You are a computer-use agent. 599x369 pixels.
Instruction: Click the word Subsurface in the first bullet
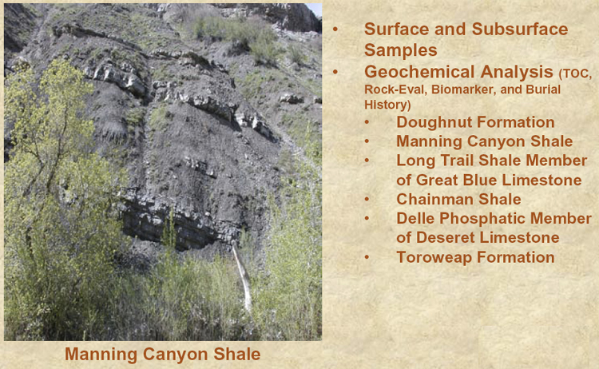[x=520, y=29]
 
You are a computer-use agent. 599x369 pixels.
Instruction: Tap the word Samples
[x=401, y=50]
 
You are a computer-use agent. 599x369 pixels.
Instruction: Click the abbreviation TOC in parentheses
[x=577, y=74]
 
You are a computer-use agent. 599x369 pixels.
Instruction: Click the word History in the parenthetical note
[x=387, y=105]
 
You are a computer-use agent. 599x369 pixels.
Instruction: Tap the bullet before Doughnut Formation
[x=367, y=122]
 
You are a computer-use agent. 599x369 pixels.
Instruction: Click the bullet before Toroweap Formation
[x=367, y=257]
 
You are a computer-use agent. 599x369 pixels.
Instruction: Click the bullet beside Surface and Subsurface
[x=335, y=30]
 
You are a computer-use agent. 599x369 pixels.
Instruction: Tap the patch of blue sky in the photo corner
[x=314, y=9]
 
